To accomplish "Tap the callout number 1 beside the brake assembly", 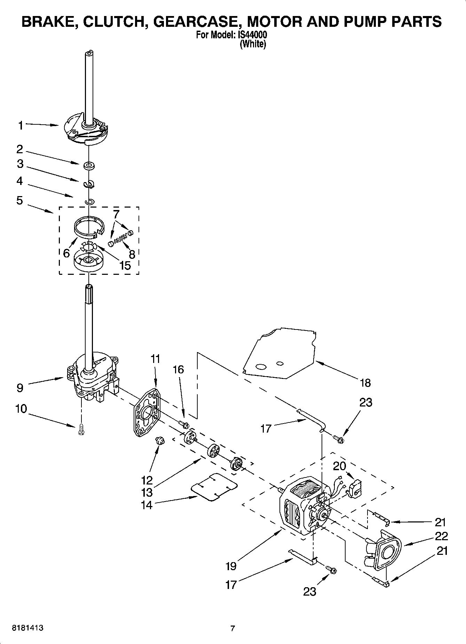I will click(21, 125).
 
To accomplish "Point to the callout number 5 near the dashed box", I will click(19, 200).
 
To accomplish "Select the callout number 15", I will click(125, 265).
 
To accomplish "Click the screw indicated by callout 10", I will click(81, 429).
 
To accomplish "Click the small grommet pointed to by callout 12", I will click(160, 441).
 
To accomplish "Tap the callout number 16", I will click(178, 369).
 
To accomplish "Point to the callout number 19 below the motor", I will click(231, 566).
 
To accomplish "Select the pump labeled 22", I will click(386, 552).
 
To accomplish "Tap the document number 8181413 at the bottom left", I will click(28, 628).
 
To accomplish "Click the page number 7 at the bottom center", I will click(233, 628).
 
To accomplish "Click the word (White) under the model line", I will click(253, 44).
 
